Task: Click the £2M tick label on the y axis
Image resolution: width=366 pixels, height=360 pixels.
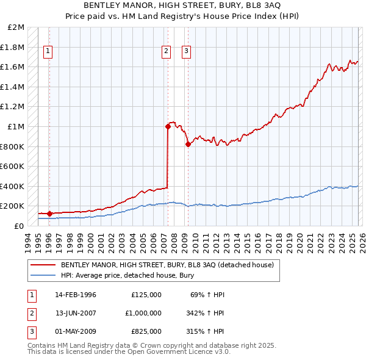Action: click(16, 27)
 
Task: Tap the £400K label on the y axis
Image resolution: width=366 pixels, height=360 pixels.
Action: click(13, 186)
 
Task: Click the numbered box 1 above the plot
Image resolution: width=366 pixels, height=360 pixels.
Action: click(48, 52)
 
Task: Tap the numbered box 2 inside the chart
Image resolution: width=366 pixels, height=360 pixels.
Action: click(166, 52)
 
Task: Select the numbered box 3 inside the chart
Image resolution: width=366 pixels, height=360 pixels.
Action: click(186, 52)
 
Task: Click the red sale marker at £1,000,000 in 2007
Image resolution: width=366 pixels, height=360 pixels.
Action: click(167, 127)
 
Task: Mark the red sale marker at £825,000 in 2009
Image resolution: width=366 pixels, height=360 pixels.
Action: click(187, 144)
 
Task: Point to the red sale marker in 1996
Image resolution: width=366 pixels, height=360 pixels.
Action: click(49, 214)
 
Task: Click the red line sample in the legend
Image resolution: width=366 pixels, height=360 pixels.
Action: click(43, 265)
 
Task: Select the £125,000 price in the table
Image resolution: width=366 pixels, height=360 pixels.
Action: click(146, 295)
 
